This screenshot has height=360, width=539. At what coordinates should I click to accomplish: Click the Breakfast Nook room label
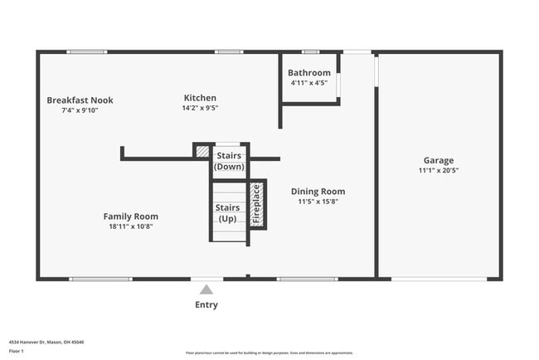click(x=80, y=100)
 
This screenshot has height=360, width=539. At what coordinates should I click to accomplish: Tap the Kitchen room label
click(x=200, y=98)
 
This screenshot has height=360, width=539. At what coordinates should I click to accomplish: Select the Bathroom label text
click(x=309, y=73)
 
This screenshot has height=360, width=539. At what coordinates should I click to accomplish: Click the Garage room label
click(x=439, y=160)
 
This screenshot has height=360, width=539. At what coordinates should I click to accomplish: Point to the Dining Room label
click(x=318, y=192)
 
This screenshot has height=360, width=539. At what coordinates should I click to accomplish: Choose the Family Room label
click(x=130, y=216)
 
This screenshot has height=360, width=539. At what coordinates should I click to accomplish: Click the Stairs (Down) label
click(x=229, y=161)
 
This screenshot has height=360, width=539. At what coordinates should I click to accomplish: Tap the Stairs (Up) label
click(x=228, y=213)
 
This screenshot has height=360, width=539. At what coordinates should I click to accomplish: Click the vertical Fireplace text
click(x=257, y=204)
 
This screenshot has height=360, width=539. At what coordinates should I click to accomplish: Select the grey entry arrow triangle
click(x=206, y=289)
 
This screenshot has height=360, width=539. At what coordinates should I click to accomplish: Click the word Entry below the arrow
click(x=206, y=305)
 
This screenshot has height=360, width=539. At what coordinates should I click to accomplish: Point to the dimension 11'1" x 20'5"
click(x=439, y=170)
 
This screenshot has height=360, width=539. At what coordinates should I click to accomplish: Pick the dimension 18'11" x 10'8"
click(x=130, y=226)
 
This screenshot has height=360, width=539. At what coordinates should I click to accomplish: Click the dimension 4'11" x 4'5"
click(x=309, y=83)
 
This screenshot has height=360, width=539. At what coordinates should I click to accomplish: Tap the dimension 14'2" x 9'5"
click(x=200, y=108)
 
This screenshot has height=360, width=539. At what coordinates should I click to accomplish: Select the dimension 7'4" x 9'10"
click(x=80, y=110)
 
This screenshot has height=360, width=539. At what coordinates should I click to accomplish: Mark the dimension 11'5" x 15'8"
click(x=318, y=202)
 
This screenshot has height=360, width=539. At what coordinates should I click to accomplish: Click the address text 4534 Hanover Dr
click(x=46, y=342)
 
